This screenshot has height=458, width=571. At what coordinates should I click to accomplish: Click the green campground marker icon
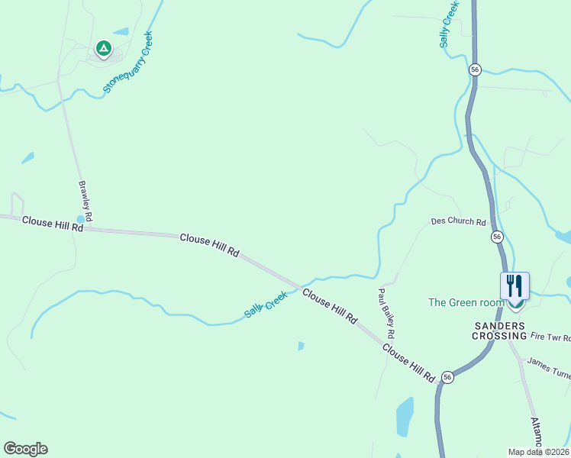[104, 50]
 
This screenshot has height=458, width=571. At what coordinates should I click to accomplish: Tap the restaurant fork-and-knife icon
[515, 286]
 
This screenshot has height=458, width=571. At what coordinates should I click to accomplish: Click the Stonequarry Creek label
[128, 63]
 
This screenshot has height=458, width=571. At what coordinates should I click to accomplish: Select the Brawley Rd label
[85, 202]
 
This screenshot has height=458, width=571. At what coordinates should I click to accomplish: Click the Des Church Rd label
[458, 222]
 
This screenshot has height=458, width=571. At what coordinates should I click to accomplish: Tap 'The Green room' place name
[466, 302]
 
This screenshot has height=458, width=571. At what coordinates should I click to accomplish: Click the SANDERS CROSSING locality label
[499, 331]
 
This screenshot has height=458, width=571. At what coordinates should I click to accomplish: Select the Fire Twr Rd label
[550, 336]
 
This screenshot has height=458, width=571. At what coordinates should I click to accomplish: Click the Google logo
[25, 449]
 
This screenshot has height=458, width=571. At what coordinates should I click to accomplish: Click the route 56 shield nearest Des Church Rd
[497, 237]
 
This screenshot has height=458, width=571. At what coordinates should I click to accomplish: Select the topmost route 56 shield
[475, 69]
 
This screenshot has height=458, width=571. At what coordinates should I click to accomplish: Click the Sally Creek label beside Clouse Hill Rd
[266, 304]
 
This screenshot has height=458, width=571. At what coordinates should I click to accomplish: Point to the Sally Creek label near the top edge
[449, 24]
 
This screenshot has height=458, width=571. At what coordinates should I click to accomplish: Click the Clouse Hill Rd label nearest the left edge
[52, 223]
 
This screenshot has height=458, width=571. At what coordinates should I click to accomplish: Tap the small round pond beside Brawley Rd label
[81, 219]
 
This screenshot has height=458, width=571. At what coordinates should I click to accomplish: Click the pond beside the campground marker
[121, 32]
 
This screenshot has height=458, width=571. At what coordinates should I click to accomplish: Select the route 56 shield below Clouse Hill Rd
[447, 377]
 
